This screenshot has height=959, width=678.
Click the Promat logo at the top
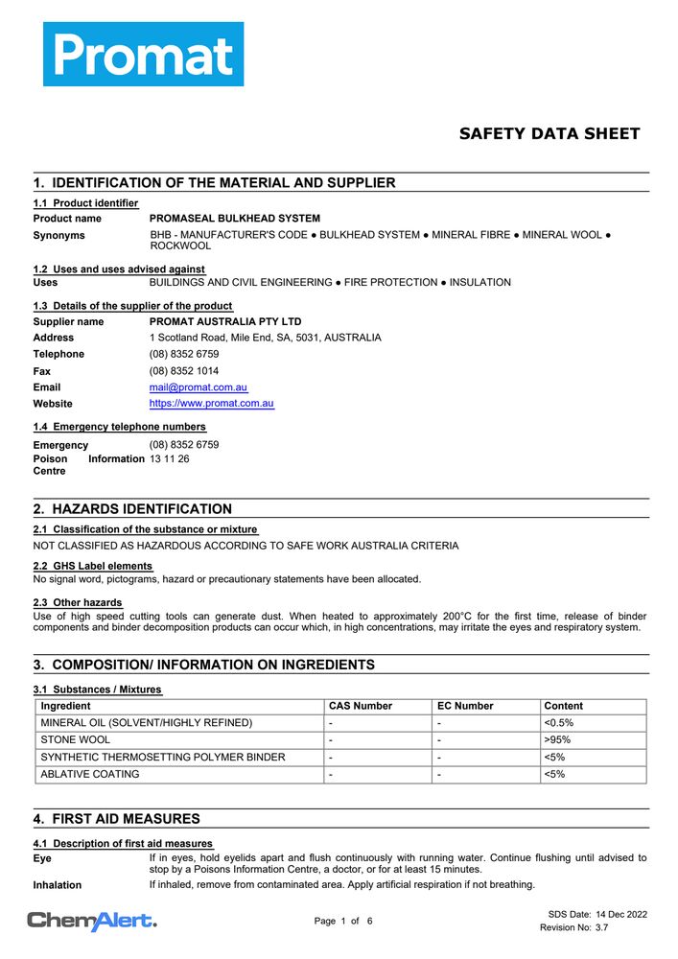[143, 54]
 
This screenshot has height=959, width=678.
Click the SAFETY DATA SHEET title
[549, 134]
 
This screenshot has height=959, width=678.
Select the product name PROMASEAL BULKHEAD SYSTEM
[235, 219]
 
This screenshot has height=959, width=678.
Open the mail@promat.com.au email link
[199, 387]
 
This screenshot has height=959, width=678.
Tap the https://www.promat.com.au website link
[212, 404]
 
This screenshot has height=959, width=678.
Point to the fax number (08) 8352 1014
[184, 371]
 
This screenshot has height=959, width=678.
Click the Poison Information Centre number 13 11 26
[170, 459]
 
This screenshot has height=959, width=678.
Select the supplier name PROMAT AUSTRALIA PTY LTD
[225, 322]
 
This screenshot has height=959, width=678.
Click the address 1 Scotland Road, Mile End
[265, 338]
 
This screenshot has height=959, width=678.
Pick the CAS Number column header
[361, 706]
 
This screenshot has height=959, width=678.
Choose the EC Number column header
[465, 706]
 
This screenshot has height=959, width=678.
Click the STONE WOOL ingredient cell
[76, 740]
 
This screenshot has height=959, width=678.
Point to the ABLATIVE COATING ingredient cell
[90, 774]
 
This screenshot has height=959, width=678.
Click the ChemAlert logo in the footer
[92, 922]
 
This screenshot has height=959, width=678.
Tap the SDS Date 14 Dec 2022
[597, 914]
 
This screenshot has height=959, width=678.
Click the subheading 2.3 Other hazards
[78, 602]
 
